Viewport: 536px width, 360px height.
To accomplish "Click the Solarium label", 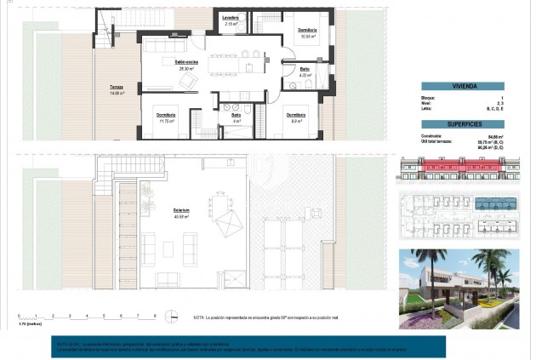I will [180, 209].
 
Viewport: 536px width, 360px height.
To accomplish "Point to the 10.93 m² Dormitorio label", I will [307, 31].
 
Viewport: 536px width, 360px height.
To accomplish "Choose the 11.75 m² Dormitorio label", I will [166, 116].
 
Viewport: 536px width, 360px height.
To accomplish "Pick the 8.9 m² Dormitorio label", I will [295, 116].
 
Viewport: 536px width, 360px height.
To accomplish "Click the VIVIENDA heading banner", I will [463, 86].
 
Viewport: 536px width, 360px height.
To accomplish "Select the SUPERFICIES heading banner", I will [463, 123].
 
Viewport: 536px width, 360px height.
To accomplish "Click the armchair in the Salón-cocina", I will [185, 79].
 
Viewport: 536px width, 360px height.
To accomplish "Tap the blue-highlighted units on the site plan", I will [493, 204].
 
